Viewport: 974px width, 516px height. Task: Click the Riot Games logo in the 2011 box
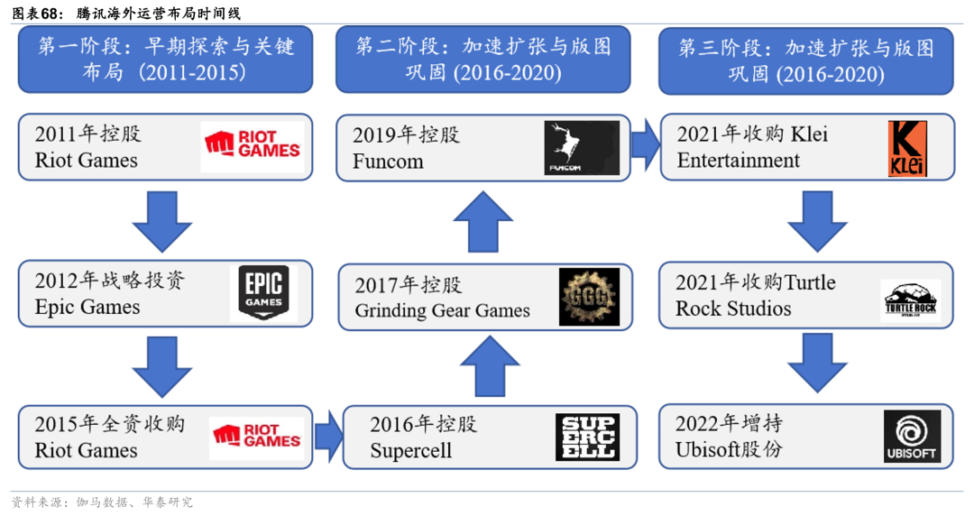pyautogui.click(x=253, y=147)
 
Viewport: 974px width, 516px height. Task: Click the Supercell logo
pyautogui.click(x=587, y=437)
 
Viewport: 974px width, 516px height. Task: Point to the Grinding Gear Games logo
pyautogui.click(x=590, y=297)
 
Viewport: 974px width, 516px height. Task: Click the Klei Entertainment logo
pyautogui.click(x=908, y=149)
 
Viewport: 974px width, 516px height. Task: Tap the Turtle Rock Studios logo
pyautogui.click(x=910, y=299)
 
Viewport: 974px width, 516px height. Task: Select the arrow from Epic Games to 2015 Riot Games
pyautogui.click(x=162, y=366)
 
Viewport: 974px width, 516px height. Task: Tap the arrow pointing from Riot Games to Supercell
pyautogui.click(x=328, y=436)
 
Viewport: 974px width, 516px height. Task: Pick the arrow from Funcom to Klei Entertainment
pyautogui.click(x=645, y=144)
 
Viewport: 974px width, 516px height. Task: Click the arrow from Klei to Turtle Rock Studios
pyautogui.click(x=817, y=220)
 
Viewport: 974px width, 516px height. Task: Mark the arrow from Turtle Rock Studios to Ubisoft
pyautogui.click(x=817, y=363)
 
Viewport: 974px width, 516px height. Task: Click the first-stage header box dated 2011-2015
pyautogui.click(x=166, y=60)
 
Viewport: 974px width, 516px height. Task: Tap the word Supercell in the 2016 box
pyautogui.click(x=410, y=450)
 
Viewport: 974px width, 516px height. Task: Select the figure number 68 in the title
pyautogui.click(x=56, y=14)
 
